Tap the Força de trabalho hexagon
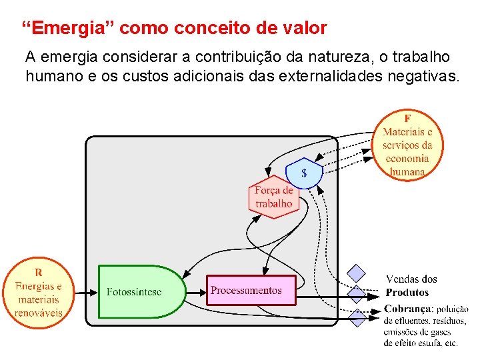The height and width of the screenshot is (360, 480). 273,197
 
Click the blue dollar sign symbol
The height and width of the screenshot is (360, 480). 304,173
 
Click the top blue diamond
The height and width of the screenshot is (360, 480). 358,273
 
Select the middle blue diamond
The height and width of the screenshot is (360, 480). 358,294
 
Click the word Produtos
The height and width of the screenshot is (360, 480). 407,293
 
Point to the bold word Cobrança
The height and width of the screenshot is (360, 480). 408,309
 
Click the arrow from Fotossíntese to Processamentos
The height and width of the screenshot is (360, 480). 195,291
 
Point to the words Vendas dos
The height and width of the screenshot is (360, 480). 411,279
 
